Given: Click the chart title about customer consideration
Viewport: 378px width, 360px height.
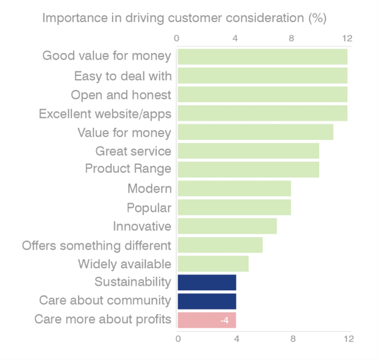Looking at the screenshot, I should [185, 18].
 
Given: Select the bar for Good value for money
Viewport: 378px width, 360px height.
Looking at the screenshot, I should [262, 57].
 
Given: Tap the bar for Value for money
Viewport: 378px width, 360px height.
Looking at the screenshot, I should [255, 132].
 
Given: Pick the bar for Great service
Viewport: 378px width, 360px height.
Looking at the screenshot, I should [248, 151].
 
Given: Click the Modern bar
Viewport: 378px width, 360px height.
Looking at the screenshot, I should [234, 188].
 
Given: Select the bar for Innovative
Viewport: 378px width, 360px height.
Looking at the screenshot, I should [227, 226].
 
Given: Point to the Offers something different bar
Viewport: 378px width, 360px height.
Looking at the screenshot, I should [220, 245].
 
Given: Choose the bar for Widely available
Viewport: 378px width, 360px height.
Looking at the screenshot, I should [213, 264].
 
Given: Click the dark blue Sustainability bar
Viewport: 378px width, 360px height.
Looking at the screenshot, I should [206, 282].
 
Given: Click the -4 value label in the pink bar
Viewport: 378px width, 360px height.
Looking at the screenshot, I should [224, 320].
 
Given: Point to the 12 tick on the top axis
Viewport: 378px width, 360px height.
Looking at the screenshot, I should [347, 38].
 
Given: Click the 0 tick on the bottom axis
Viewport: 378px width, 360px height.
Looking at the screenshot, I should [179, 339].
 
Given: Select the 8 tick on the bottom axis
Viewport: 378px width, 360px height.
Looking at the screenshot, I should [293, 339].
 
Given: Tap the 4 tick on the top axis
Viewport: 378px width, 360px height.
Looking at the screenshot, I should [235, 38].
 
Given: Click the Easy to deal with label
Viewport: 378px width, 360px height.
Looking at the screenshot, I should [122, 75].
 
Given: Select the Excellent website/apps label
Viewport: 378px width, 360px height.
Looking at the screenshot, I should [105, 114].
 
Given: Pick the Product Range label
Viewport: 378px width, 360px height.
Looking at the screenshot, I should [128, 169].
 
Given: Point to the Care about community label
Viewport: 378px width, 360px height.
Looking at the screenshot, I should [105, 300].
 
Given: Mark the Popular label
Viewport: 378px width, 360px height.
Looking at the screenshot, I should [149, 207].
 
